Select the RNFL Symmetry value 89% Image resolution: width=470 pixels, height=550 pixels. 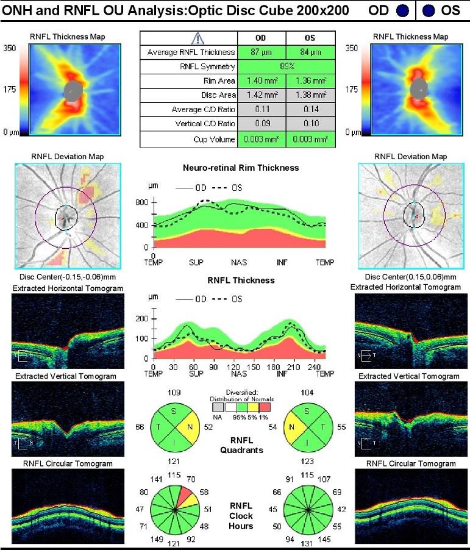(286, 66)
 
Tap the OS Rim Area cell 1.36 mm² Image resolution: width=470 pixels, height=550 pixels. (310, 80)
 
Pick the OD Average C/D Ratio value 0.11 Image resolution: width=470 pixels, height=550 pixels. (262, 110)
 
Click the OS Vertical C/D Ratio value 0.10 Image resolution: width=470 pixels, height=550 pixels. (310, 124)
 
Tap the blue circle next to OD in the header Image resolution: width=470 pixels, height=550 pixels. (401, 10)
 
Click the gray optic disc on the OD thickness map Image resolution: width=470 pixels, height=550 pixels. (73, 90)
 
